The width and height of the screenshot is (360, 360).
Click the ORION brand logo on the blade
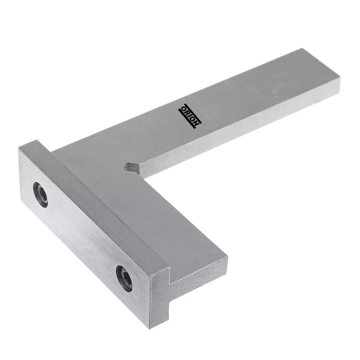[x=190, y=116]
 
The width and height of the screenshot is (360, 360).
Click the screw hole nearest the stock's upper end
[x=40, y=195]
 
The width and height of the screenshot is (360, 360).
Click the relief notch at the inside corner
[x=132, y=168]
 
